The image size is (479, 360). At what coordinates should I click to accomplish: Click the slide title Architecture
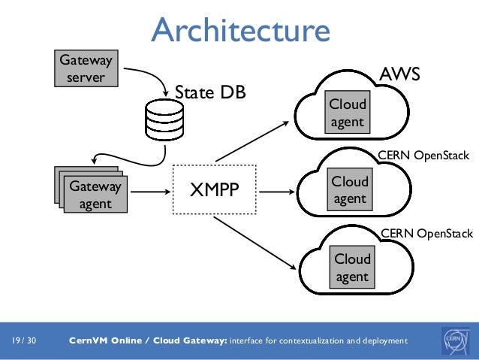pos(240,30)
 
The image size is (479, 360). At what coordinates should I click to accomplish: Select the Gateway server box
pos(86,68)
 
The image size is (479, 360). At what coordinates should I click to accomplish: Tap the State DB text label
pos(210,92)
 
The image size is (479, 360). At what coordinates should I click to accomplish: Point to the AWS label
pos(399,75)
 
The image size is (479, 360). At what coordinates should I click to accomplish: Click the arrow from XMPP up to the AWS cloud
pos(252,141)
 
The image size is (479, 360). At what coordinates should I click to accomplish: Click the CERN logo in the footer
pos(456,340)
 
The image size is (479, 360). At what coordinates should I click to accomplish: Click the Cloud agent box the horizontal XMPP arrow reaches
pos(350,190)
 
